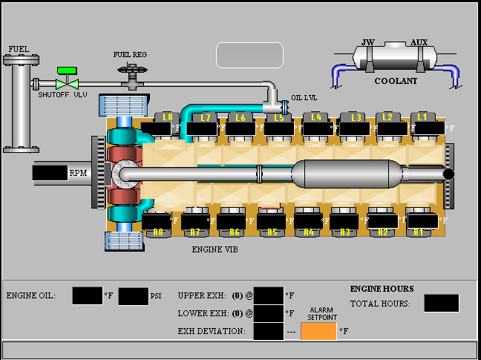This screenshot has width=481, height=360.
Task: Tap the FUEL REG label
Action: pos(130,55)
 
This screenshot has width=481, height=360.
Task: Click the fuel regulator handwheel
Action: pos(132,69)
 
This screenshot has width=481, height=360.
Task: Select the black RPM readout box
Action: pos(50,173)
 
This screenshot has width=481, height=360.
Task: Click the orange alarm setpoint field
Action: pos(318,331)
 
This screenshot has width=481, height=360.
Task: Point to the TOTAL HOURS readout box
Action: pos(442,303)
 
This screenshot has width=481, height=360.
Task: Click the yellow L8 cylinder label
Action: pos(168,117)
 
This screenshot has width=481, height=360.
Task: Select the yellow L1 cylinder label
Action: pos(422,117)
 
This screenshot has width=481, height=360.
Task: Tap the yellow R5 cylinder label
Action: pos(272,232)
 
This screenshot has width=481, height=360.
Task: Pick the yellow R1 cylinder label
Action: pos(419,232)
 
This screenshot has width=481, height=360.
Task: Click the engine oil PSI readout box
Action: pos(134,296)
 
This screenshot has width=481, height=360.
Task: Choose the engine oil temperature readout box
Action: pos(88,296)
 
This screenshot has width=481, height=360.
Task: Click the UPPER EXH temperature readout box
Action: pos(269,295)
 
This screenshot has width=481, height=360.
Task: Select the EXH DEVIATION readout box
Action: pos(269,331)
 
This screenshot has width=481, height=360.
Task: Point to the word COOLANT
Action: pos(396,81)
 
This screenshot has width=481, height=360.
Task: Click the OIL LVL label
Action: pos(304,98)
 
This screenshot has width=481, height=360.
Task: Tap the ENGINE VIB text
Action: pos(215,249)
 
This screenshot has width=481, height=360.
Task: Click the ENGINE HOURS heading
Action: pos(382,289)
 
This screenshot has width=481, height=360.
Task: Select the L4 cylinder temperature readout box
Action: pos(318,129)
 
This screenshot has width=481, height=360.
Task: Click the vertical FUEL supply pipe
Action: pos(22,104)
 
